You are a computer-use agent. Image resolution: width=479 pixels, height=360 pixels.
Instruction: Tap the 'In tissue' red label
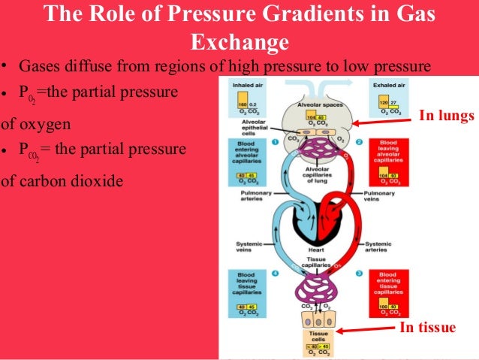point(427,327)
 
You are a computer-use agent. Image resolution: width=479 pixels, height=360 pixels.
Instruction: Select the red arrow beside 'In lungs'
point(384,119)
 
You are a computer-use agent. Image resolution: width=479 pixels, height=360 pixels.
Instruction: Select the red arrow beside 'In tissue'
point(368,328)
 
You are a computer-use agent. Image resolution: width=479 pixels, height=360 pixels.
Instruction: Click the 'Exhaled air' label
point(389,85)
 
